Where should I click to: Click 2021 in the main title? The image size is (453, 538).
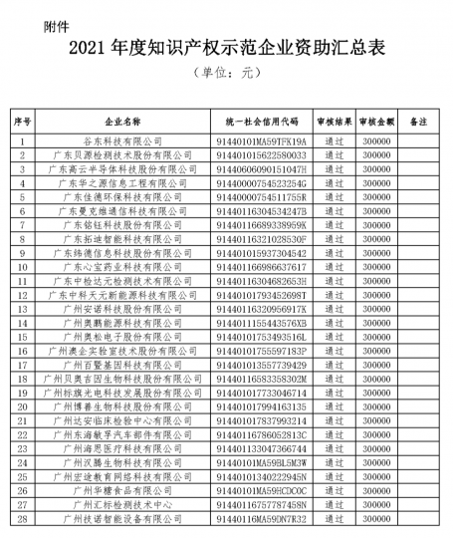(89, 47)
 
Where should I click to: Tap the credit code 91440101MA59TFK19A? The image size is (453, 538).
(262, 142)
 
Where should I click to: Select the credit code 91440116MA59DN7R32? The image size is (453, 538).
(262, 518)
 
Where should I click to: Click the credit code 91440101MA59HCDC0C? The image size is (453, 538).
(262, 490)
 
